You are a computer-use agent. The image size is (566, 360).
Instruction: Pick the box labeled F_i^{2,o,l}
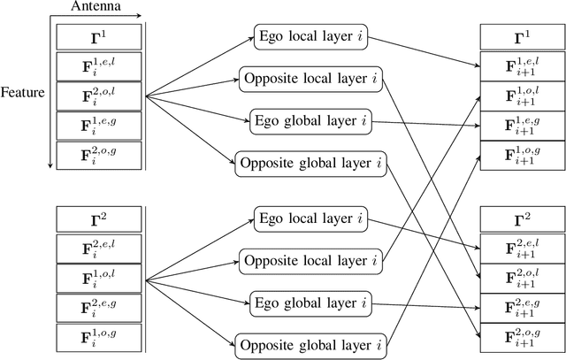[97, 95]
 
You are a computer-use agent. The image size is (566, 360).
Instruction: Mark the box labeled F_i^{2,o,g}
[97, 154]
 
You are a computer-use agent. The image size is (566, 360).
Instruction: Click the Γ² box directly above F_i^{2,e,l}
[97, 216]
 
